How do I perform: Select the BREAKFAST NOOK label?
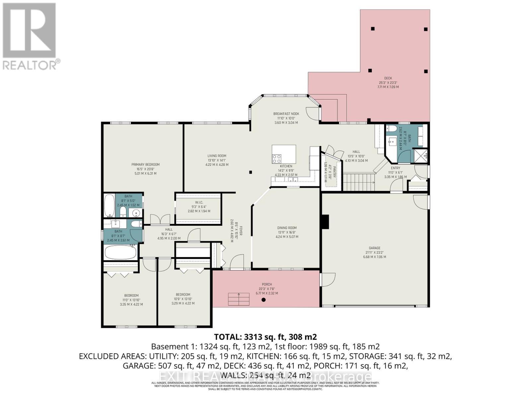[286, 114]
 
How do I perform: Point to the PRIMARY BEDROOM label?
[145, 165]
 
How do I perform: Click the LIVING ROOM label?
[217, 156]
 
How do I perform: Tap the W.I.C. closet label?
[199, 202]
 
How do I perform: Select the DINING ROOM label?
[287, 228]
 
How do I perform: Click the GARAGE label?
[374, 248]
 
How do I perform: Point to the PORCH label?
[266, 284]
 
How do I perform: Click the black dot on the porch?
[264, 300]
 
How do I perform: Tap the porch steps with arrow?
[238, 299]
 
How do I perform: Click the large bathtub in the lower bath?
[120, 253]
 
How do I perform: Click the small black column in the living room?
[251, 172]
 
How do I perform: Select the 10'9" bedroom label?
[183, 295]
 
